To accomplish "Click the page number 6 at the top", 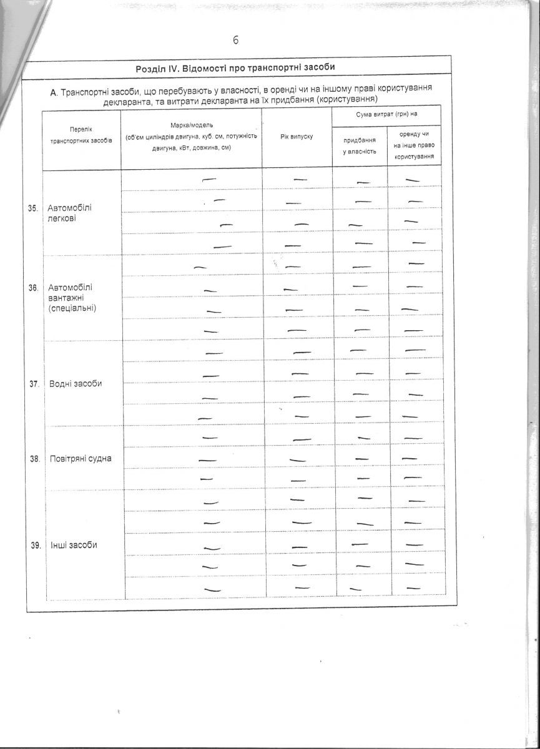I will coord(236,41).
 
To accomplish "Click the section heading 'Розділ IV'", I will coord(237,67).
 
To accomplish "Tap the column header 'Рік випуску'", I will coord(297,137).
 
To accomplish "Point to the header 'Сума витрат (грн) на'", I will coord(386,115).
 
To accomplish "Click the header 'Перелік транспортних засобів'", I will coord(81,135).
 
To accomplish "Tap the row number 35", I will coord(34,208).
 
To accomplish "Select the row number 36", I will coord(34,288).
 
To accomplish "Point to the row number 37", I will coord(34,383).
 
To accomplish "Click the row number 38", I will coord(34,459).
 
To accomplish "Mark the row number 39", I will coord(36,545).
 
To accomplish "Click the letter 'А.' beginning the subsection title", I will coord(54,92).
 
